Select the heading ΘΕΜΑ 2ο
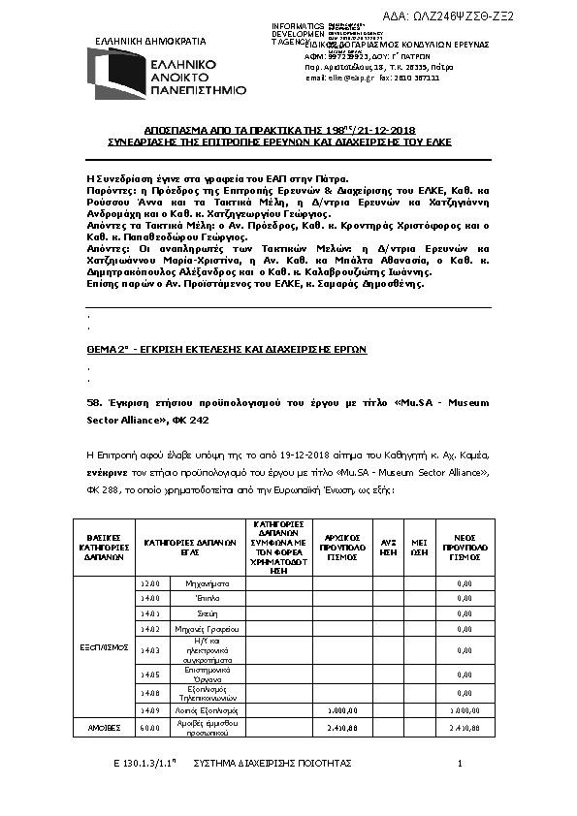(109, 348)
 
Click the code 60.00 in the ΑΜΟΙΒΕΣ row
(149, 726)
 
